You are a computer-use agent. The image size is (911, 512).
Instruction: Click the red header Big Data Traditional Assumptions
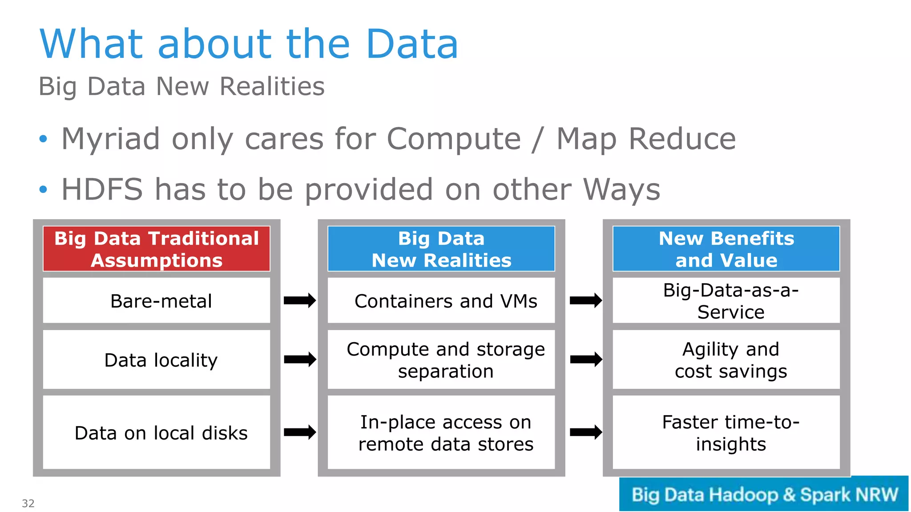click(157, 249)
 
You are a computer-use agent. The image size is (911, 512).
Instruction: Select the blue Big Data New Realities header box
click(441, 249)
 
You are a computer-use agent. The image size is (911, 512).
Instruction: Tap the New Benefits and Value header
click(726, 249)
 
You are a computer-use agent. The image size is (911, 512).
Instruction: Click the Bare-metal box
click(157, 301)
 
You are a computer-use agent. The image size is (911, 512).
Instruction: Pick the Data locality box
click(157, 360)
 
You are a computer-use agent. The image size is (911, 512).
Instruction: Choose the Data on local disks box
click(157, 432)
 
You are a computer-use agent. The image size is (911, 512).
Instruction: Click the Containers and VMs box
click(441, 301)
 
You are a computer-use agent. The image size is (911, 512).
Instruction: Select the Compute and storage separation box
click(441, 360)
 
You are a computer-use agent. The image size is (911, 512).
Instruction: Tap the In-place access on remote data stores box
click(441, 432)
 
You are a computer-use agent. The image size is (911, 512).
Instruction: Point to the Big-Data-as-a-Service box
click(726, 301)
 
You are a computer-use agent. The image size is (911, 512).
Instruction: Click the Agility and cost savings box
click(726, 360)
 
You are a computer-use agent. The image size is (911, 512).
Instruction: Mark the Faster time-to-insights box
click(726, 432)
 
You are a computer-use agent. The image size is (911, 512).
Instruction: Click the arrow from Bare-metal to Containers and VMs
click(300, 301)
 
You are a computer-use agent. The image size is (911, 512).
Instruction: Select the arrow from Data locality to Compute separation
click(300, 359)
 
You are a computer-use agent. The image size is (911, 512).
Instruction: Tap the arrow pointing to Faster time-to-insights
click(586, 432)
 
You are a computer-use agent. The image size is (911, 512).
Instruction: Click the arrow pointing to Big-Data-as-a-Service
click(586, 301)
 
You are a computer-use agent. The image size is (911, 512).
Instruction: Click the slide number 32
click(28, 503)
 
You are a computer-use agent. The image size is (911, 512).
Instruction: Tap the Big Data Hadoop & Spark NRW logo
click(764, 494)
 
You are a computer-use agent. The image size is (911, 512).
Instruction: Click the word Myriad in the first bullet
click(110, 139)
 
